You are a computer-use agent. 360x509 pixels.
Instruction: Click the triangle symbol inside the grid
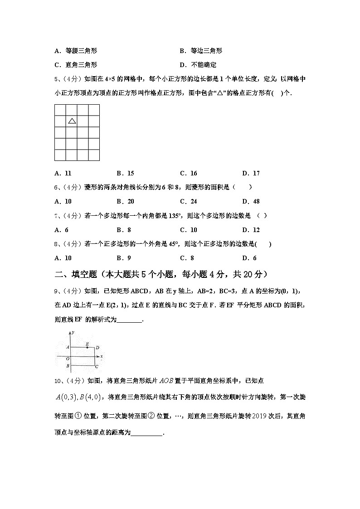tap(72, 121)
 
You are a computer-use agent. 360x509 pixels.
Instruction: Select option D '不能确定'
tap(198, 65)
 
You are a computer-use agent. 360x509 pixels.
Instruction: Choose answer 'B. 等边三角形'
tap(201, 51)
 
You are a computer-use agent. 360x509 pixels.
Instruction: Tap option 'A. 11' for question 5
tap(63, 173)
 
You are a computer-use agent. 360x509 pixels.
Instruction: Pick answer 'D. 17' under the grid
tap(251, 173)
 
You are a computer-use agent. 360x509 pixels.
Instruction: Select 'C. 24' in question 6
tap(188, 201)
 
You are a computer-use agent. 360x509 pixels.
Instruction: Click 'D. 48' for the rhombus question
tap(251, 201)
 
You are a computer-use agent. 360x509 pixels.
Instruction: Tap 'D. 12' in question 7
tap(251, 230)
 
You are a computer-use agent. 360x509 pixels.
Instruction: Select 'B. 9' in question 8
tap(123, 258)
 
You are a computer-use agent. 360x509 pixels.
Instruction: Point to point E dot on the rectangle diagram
tap(87, 347)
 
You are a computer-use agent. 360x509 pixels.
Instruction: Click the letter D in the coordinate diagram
tap(97, 348)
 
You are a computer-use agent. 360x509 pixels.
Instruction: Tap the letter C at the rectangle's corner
tap(97, 366)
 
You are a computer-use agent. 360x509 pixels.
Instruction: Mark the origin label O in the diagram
tap(67, 358)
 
